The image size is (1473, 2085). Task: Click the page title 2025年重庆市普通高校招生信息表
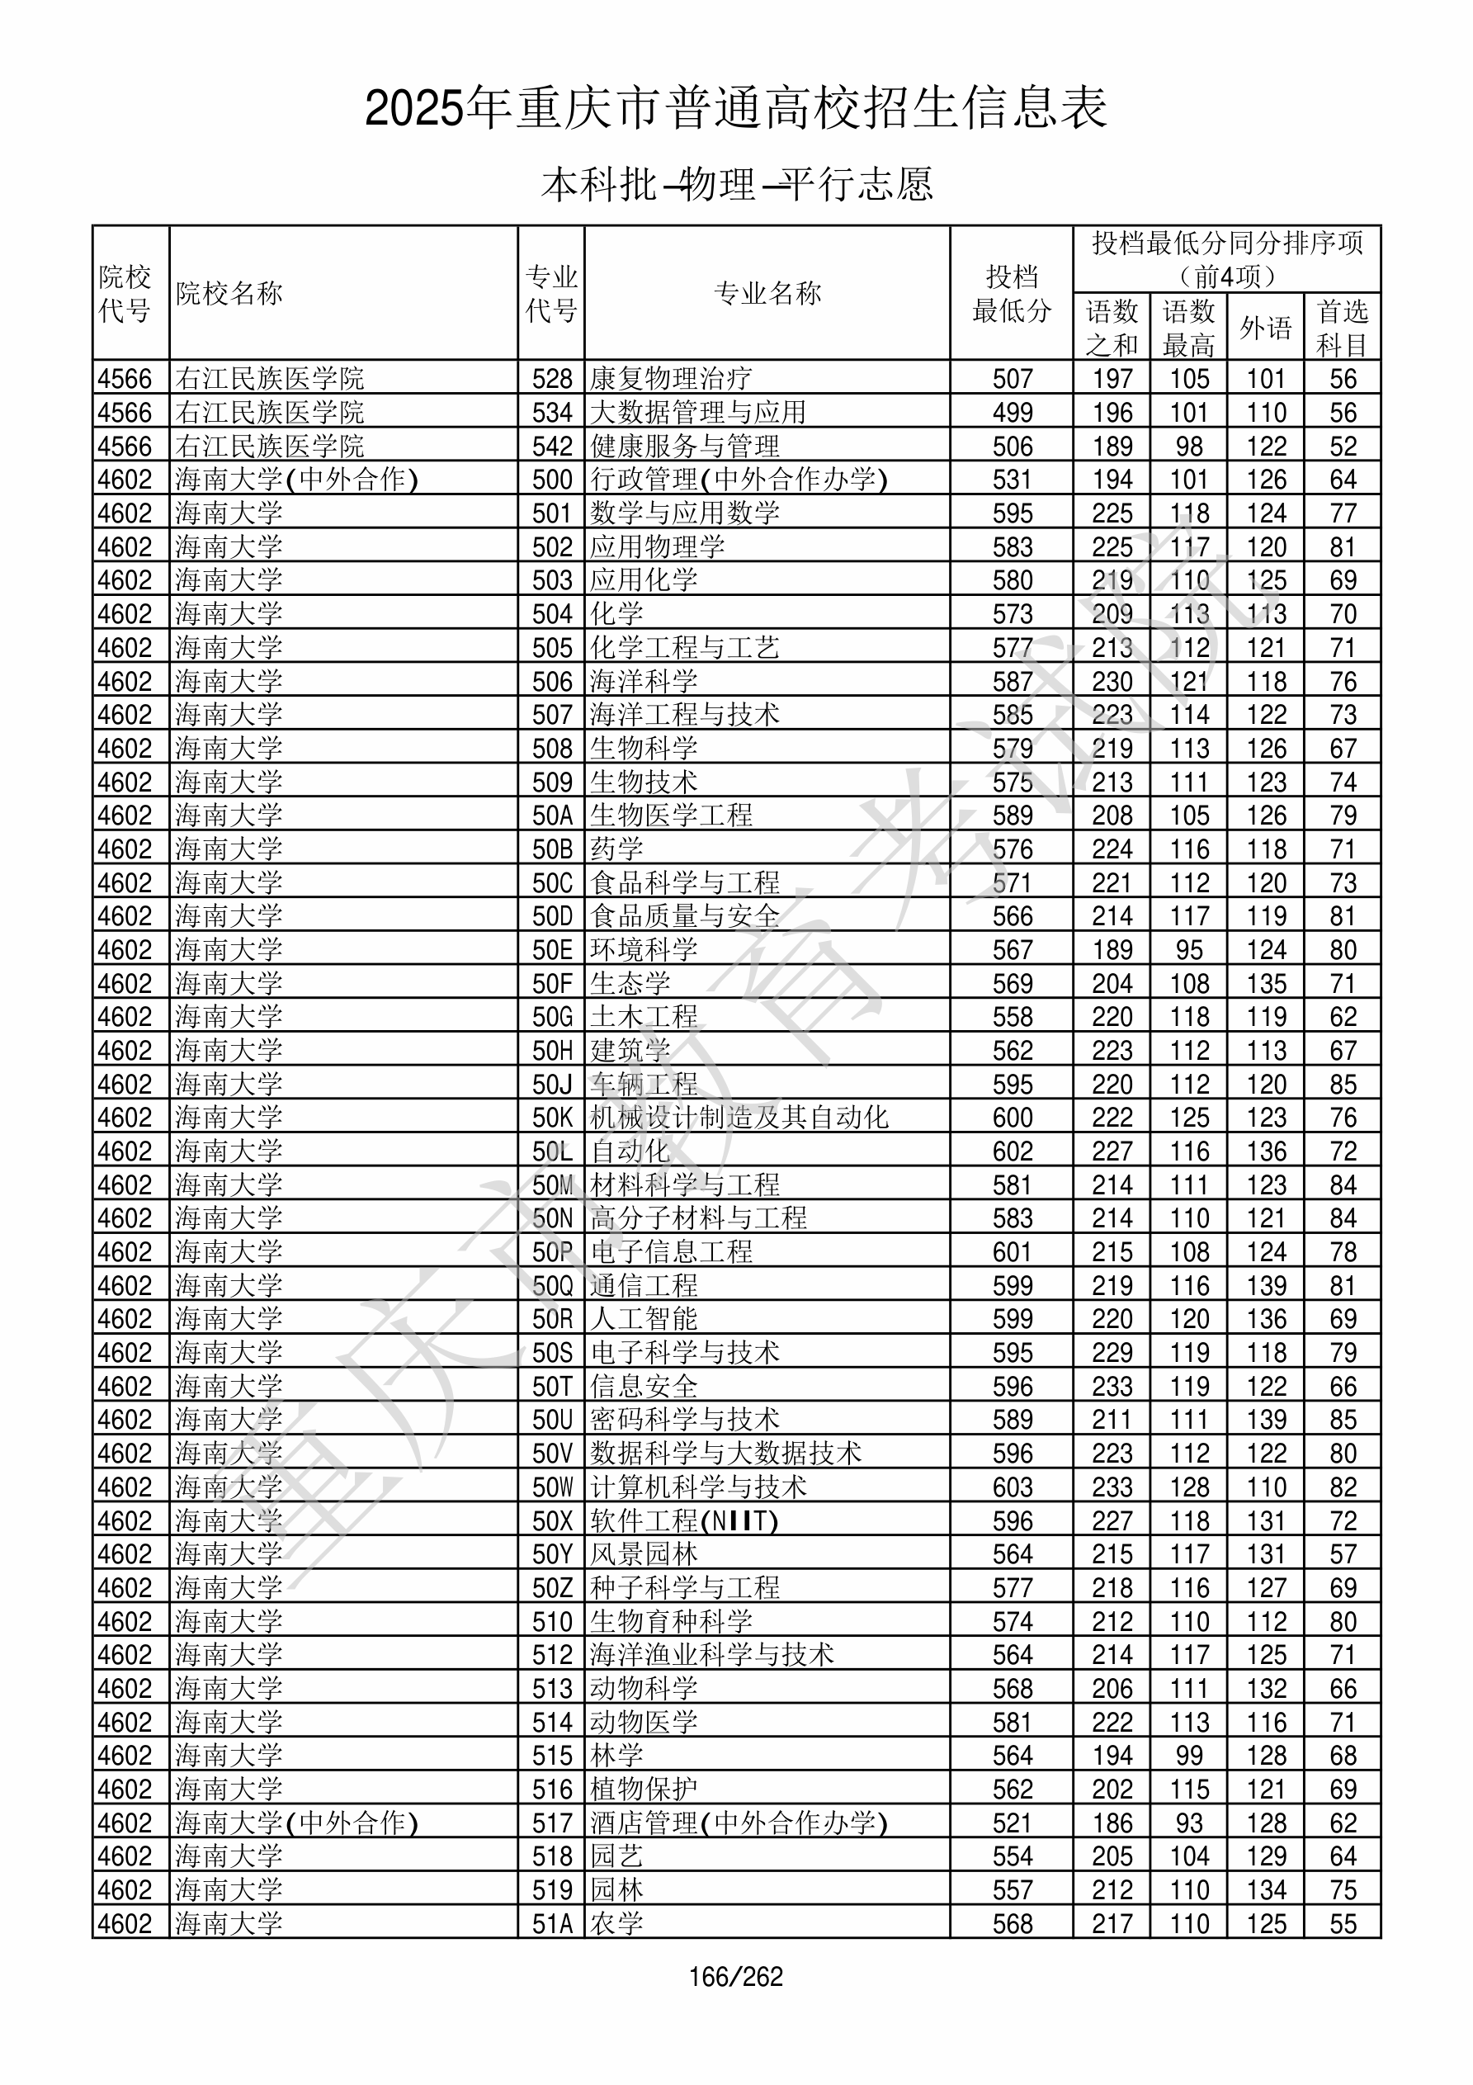pyautogui.click(x=735, y=109)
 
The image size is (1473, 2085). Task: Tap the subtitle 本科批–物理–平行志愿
pyautogui.click(x=736, y=184)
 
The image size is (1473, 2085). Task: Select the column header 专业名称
pyautogui.click(x=767, y=293)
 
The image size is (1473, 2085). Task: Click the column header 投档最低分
pyautogui.click(x=1011, y=293)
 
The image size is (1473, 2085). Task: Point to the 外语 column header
pyautogui.click(x=1265, y=328)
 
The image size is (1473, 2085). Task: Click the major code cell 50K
pyautogui.click(x=552, y=1118)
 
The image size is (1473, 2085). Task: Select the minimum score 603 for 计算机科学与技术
pyautogui.click(x=1012, y=1487)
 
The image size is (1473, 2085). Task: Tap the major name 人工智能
pyautogui.click(x=644, y=1320)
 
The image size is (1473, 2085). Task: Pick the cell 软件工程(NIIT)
pyautogui.click(x=684, y=1521)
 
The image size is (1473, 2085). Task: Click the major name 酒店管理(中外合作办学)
pyautogui.click(x=738, y=1823)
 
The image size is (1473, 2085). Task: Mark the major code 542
pyautogui.click(x=552, y=446)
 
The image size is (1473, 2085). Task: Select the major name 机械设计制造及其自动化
pyautogui.click(x=739, y=1118)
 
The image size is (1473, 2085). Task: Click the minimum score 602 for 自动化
pyautogui.click(x=1012, y=1151)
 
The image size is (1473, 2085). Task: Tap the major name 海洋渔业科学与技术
pyautogui.click(x=711, y=1655)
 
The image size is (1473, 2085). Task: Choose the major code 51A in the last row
pyautogui.click(x=552, y=1923)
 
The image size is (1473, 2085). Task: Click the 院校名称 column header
pyautogui.click(x=229, y=293)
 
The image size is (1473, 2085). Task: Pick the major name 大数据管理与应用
pyautogui.click(x=697, y=412)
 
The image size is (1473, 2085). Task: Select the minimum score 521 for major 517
pyautogui.click(x=1012, y=1823)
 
